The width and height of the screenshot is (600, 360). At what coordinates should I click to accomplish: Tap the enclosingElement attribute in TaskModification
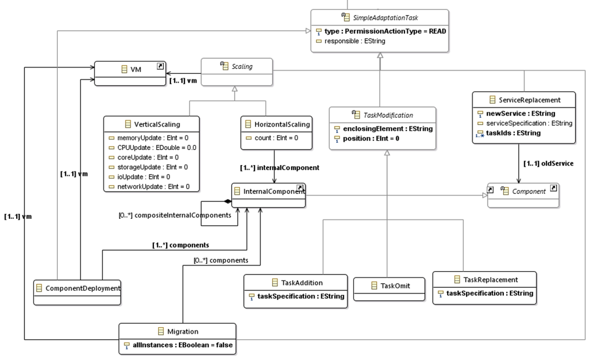[x=383, y=128]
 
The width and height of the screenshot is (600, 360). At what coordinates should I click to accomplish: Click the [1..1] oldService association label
[x=549, y=163]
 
